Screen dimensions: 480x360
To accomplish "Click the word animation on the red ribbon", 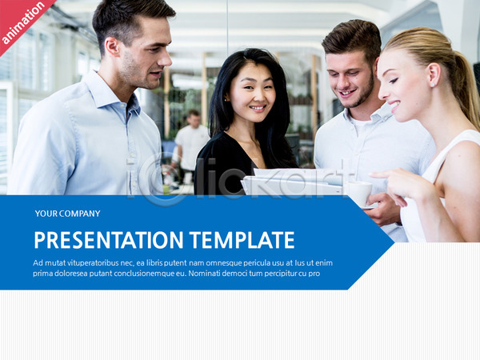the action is (23, 22).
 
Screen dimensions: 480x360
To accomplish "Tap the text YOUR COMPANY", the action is (68, 214).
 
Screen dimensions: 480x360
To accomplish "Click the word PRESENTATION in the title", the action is (109, 240).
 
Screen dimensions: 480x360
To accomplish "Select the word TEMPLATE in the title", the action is (242, 240).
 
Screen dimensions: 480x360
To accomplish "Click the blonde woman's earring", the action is (432, 85).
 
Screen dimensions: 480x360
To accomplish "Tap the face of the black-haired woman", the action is (252, 93).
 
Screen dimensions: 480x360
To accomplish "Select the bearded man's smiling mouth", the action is (347, 92).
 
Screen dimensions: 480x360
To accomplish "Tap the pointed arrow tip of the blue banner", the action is (394, 242).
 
